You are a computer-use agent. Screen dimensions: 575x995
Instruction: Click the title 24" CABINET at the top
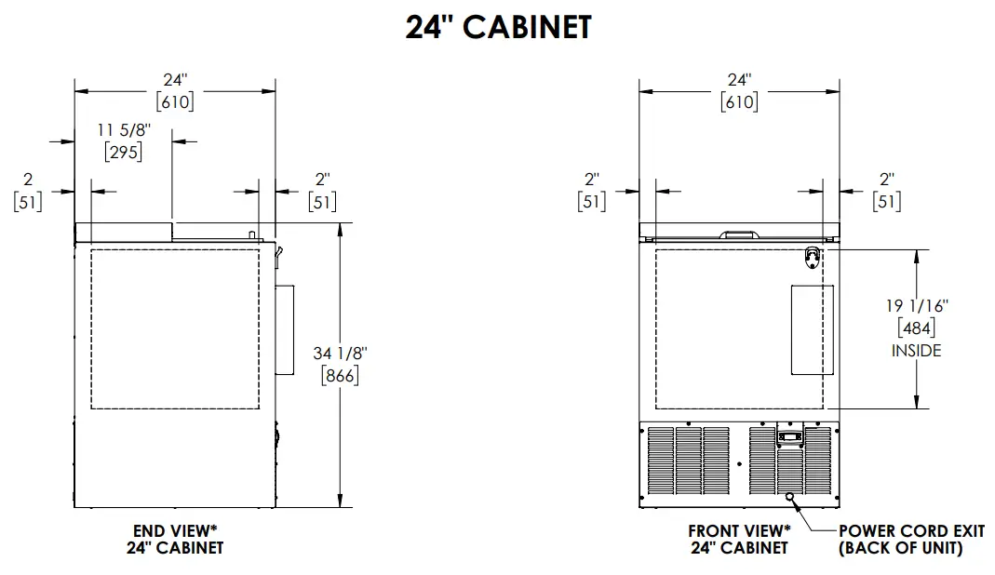coord(498,27)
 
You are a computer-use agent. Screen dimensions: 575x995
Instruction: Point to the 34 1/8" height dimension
coord(339,354)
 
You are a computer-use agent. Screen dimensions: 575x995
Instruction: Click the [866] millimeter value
coord(339,376)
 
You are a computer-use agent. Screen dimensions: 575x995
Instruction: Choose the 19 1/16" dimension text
coord(916,305)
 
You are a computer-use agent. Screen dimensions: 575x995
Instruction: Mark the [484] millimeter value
coord(916,328)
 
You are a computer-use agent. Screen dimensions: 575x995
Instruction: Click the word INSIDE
coord(916,351)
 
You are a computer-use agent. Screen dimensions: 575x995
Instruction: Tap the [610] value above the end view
coord(175,101)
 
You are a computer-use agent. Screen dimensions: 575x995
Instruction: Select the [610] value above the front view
coord(739,101)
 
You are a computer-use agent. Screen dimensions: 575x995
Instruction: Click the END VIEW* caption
coord(175,531)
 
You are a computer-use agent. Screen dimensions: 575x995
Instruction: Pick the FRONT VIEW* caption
coord(738,531)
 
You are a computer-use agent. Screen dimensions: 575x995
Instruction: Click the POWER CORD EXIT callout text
coord(911,531)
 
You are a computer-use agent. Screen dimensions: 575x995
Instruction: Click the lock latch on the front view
coord(813,256)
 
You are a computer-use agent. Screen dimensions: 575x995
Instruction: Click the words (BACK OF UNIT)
coord(900,549)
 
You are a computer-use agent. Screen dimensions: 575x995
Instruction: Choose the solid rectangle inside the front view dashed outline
coord(808,330)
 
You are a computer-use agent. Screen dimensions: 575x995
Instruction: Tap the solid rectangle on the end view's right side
coord(284,330)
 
